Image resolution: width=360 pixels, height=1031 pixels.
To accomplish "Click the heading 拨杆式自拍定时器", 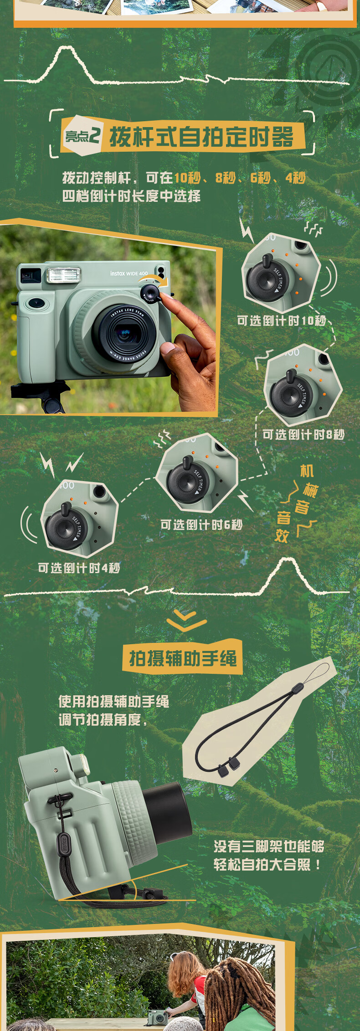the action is coord(201,136).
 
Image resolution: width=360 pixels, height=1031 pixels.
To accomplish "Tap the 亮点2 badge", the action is coord(82,135).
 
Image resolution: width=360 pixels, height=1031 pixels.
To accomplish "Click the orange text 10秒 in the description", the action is coord(187,178).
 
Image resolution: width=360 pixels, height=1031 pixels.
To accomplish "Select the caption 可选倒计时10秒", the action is coord(281,321).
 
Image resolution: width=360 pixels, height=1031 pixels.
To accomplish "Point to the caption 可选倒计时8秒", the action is coord(303,434).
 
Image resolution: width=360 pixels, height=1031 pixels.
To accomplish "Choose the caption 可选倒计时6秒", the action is coord(201,524).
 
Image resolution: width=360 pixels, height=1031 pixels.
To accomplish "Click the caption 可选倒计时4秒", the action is coord(79,568).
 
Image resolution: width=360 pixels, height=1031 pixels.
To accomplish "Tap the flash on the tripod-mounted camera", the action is coord(64,275).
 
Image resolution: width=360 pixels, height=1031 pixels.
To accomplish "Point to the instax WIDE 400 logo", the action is coord(129,273).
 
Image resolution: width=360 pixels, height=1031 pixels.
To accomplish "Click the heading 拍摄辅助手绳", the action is coord(183,658).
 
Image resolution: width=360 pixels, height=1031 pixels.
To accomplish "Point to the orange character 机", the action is coord(307,471).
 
